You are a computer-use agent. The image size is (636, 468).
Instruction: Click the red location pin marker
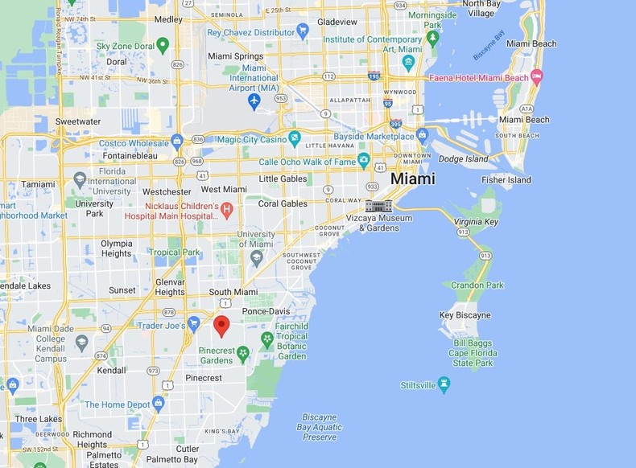(221, 326)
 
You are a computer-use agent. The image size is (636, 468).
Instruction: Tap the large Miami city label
(412, 179)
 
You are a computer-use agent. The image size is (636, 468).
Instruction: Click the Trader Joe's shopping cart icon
(193, 324)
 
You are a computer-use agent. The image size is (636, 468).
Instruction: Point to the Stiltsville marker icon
(444, 384)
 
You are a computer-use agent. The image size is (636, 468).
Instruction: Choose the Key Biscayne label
(465, 315)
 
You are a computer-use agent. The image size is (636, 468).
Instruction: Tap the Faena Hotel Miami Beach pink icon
(536, 77)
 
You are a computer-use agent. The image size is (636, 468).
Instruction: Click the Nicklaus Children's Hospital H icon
(226, 210)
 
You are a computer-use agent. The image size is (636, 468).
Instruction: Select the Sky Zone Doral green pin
(163, 45)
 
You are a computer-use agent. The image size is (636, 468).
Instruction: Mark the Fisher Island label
(506, 180)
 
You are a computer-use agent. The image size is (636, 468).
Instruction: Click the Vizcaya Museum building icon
(378, 205)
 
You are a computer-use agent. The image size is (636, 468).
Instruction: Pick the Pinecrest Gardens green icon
(243, 351)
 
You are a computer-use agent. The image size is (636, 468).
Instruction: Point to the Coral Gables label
(283, 203)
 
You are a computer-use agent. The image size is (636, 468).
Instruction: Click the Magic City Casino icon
(294, 140)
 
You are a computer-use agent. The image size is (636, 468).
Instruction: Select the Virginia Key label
(476, 221)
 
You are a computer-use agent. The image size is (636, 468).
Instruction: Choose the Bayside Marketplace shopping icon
(422, 134)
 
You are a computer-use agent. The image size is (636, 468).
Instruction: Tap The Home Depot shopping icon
(158, 404)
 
